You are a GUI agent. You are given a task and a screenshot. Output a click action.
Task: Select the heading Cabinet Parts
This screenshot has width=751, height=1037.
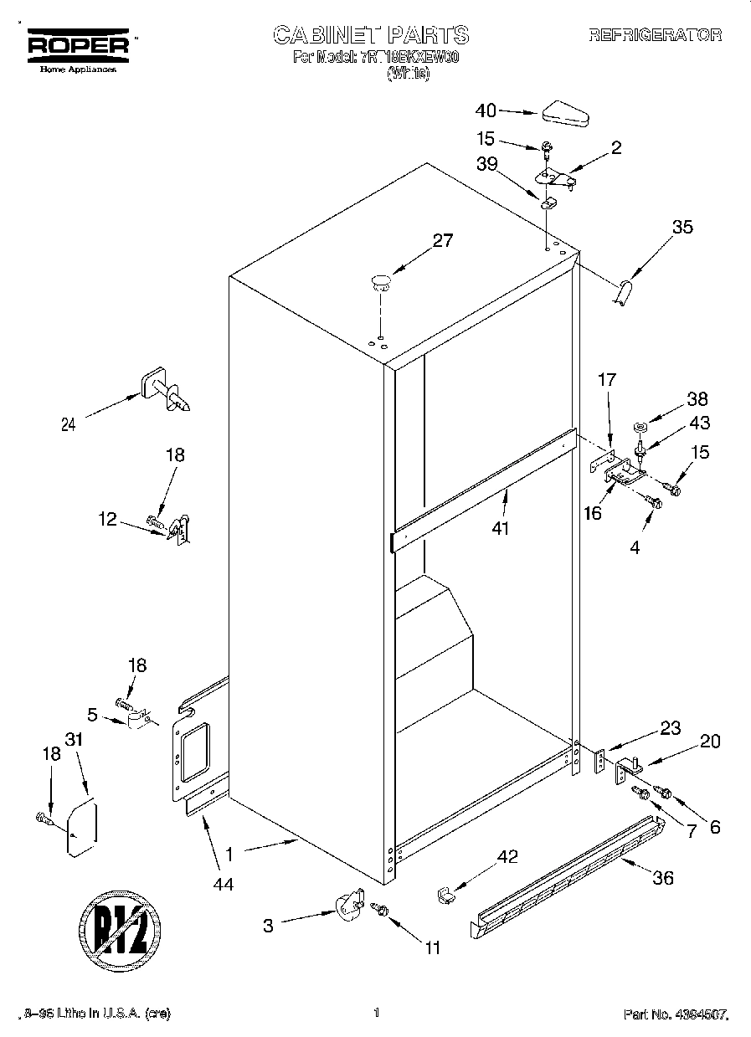pyautogui.click(x=372, y=35)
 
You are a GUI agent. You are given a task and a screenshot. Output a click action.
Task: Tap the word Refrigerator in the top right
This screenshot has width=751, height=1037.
pyautogui.click(x=655, y=35)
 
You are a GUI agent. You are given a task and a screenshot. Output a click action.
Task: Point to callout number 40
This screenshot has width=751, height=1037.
pyautogui.click(x=486, y=110)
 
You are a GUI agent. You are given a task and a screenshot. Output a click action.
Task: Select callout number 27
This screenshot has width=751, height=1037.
pyautogui.click(x=442, y=241)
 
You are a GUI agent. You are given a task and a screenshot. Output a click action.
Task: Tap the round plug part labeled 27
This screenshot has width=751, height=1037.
pyautogui.click(x=381, y=281)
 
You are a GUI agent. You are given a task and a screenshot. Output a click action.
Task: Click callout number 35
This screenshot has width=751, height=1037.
pyautogui.click(x=683, y=226)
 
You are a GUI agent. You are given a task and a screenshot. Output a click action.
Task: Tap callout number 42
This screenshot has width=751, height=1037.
pyautogui.click(x=507, y=856)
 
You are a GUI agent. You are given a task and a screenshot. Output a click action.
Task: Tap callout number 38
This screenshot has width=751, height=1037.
pyautogui.click(x=697, y=399)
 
